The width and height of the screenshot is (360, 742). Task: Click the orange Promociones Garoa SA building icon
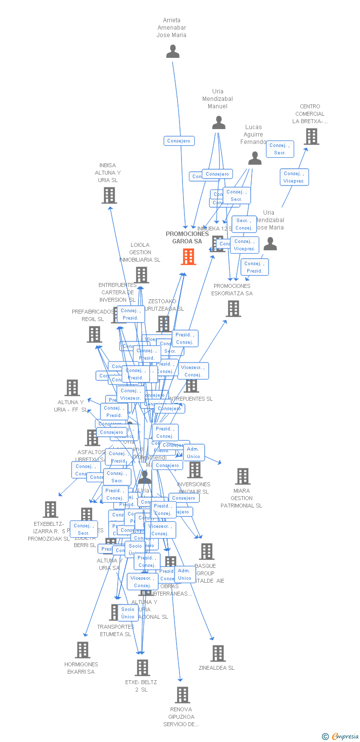pyautogui.click(x=188, y=256)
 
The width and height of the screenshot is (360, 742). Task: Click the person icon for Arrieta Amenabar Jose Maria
pyautogui.click(x=173, y=51)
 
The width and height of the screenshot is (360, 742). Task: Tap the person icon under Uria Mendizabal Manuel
pyautogui.click(x=219, y=123)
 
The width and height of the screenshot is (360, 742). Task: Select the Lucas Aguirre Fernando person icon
pyautogui.click(x=255, y=158)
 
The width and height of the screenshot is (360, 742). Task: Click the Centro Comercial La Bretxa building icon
pyautogui.click(x=311, y=137)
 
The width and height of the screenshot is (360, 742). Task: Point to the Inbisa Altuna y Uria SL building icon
pyautogui.click(x=109, y=195)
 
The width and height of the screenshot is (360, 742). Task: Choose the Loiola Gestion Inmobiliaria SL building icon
pyautogui.click(x=141, y=275)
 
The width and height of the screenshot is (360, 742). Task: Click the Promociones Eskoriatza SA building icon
pyautogui.click(x=233, y=308)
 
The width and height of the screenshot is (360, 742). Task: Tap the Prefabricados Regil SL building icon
pyautogui.click(x=94, y=334)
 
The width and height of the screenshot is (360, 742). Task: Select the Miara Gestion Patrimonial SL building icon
pyautogui.click(x=242, y=476)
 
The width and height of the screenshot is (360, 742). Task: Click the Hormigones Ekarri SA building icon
pyautogui.click(x=82, y=649)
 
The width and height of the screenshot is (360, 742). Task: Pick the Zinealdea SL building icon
pyautogui.click(x=218, y=653)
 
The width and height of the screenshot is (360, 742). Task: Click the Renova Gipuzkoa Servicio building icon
pyautogui.click(x=182, y=695)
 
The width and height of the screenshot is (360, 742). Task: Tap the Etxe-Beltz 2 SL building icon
pyautogui.click(x=142, y=667)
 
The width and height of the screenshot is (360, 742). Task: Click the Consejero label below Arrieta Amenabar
pyautogui.click(x=179, y=141)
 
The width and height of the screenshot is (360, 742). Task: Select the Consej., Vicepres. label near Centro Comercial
pyautogui.click(x=295, y=177)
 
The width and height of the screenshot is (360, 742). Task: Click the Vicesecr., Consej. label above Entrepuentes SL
pyautogui.click(x=193, y=371)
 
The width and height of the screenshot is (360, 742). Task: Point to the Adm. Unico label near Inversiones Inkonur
pyautogui.click(x=193, y=453)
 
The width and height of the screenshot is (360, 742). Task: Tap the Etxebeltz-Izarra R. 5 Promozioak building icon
pyautogui.click(x=50, y=509)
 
